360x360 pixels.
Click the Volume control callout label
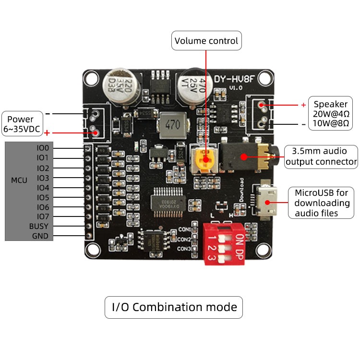[206, 41]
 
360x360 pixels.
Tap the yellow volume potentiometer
[205, 158]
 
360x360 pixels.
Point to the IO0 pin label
[43, 148]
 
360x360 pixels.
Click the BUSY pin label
[39, 226]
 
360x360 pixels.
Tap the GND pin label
[40, 236]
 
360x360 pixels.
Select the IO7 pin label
[43, 216]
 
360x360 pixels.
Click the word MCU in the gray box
[19, 180]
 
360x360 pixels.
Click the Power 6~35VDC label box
[21, 124]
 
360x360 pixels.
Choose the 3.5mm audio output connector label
[321, 156]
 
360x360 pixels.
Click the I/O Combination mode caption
[174, 307]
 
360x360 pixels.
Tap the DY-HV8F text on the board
[234, 79]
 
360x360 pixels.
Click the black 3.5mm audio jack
[242, 156]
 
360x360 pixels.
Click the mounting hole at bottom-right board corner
[262, 250]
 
